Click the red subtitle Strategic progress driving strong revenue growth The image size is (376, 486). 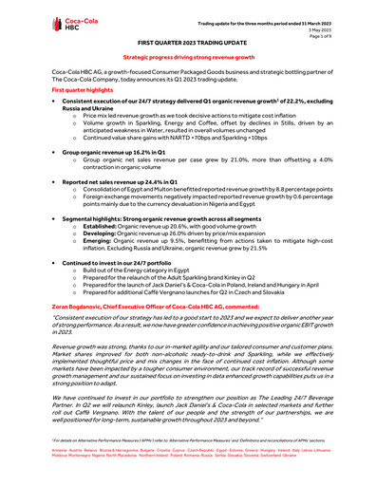[189, 59]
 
